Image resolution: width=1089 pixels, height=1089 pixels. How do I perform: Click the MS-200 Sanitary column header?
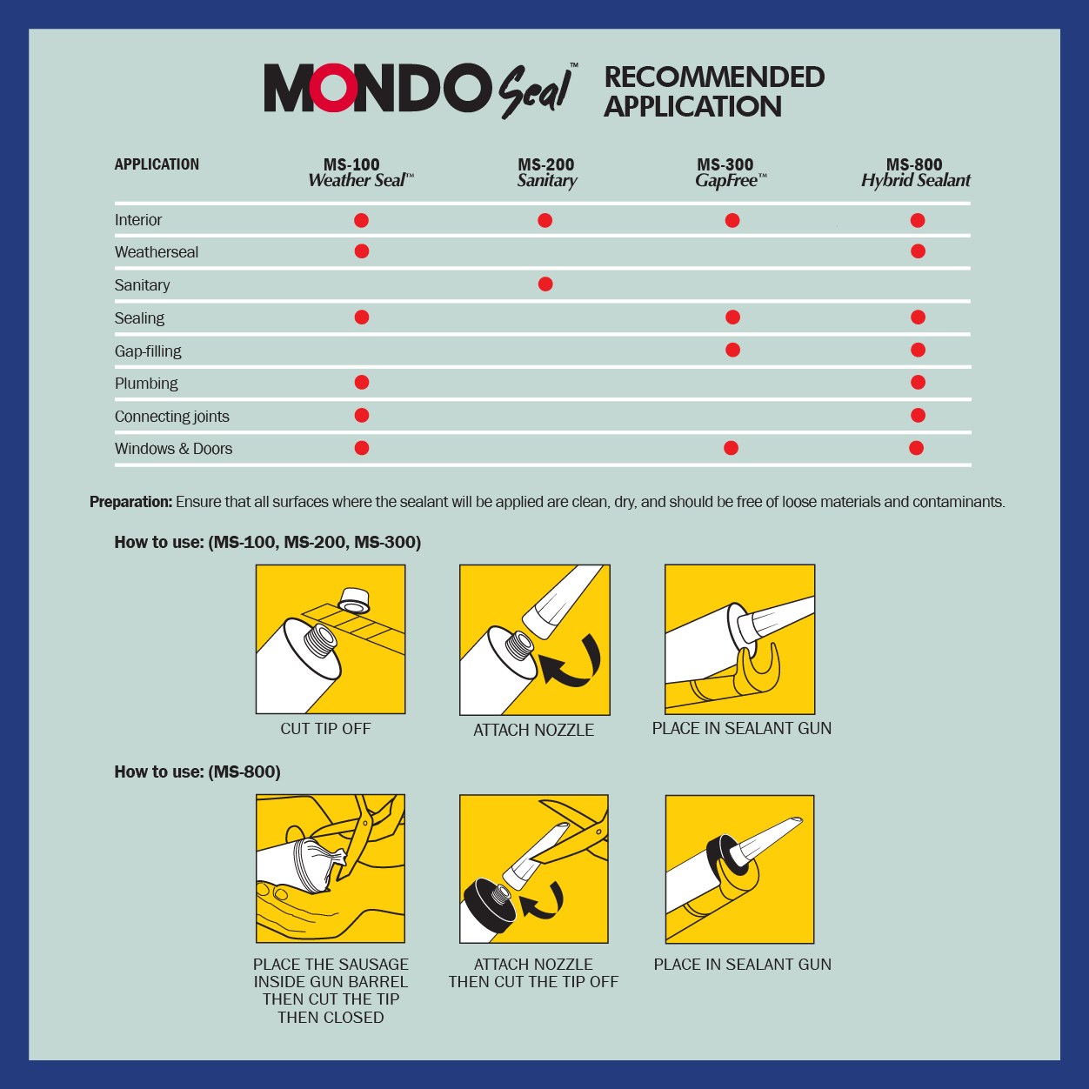546,172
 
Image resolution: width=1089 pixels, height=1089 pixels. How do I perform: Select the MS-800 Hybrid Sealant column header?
915,172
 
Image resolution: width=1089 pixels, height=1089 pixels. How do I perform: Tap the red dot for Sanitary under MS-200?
545,284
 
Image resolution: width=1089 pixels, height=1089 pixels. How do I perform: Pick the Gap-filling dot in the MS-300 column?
732,350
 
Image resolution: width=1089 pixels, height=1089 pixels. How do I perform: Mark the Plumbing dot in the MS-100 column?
362,383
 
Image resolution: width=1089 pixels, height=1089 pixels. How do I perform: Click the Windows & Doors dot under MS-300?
731,448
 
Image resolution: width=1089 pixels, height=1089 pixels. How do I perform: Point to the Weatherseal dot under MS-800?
918,251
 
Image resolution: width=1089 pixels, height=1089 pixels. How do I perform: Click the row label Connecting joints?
172,417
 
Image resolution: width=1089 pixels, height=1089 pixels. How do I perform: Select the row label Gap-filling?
148,351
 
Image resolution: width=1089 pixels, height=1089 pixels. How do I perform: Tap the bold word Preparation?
130,502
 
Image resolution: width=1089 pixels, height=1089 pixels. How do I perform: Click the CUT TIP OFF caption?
325,729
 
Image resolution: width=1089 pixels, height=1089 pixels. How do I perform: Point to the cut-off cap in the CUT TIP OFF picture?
353,599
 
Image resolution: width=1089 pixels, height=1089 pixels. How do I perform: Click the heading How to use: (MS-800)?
197,772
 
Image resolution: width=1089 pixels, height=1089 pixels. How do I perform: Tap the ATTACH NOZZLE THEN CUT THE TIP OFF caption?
533,973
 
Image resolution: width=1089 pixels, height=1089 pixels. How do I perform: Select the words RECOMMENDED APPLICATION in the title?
713,91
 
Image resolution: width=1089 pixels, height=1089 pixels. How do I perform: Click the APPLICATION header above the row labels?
157,164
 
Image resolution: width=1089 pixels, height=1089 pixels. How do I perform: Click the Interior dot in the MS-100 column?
362,220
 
